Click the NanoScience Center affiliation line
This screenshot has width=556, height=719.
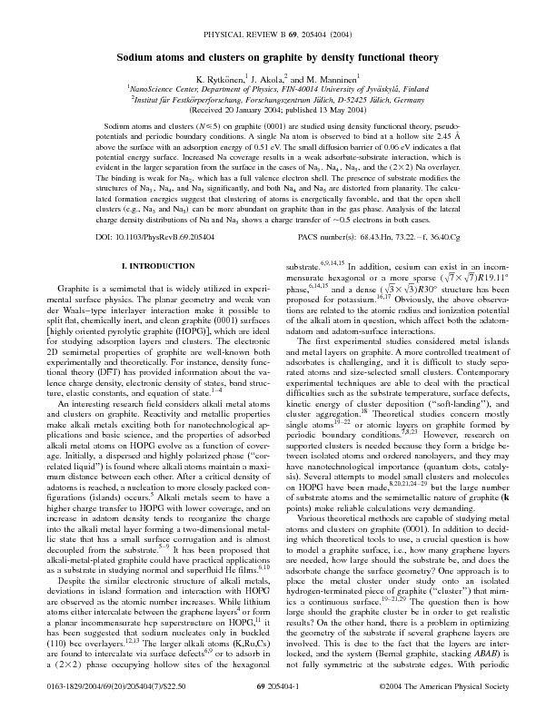pyautogui.click(x=277, y=92)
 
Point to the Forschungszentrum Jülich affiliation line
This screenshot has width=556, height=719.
pyautogui.click(x=277, y=103)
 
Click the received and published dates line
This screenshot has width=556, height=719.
pyautogui.click(x=277, y=113)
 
